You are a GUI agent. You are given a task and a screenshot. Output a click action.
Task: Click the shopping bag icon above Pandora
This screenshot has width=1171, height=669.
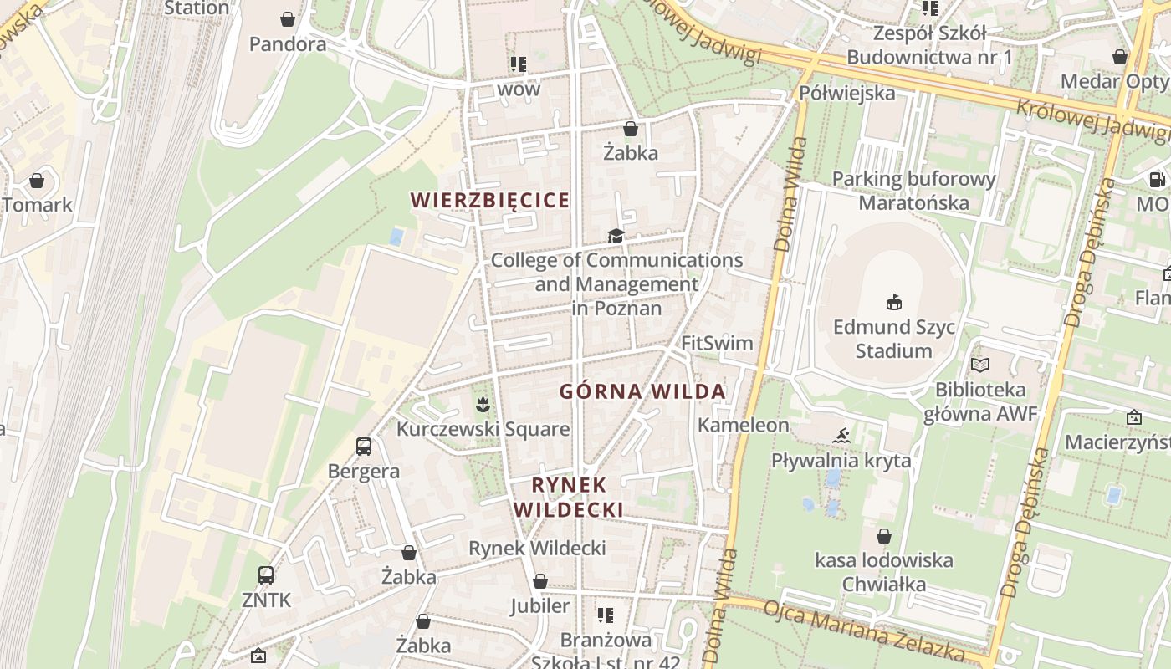point(288,19)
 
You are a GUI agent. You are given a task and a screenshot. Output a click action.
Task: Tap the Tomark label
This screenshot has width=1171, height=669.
point(37,205)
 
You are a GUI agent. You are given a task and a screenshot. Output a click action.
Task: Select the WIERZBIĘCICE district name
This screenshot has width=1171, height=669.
point(490,201)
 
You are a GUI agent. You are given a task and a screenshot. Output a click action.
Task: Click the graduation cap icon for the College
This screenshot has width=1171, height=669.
point(616,237)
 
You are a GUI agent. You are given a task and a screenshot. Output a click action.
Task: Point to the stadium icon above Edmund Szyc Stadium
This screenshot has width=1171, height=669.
point(893,302)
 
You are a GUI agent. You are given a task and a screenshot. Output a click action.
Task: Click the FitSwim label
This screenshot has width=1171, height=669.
point(717,343)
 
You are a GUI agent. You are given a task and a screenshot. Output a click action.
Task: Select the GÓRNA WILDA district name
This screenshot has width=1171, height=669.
point(642,391)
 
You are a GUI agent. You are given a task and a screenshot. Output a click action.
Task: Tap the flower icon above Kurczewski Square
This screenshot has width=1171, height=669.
point(482,406)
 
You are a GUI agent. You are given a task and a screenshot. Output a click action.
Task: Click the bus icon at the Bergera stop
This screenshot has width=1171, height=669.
point(364,447)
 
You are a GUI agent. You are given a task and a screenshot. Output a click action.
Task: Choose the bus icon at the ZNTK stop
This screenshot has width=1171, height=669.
point(266,575)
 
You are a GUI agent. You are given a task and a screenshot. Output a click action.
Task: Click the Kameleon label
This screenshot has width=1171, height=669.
point(744,425)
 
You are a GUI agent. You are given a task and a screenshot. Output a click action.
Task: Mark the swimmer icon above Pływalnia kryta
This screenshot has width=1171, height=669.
point(842,435)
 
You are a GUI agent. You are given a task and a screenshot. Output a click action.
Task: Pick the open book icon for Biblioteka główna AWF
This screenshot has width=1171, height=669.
point(980,365)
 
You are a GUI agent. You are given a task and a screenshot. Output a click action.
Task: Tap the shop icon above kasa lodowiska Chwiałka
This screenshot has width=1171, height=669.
point(884,536)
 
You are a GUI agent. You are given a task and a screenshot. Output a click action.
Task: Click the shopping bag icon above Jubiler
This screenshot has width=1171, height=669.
point(540,581)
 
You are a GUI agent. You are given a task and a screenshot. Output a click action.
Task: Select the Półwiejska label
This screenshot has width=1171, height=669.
point(847,93)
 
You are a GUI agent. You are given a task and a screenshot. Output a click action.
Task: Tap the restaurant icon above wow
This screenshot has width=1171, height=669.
point(519,64)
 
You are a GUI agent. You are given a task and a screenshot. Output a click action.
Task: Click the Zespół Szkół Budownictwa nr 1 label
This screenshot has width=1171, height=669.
point(929,45)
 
